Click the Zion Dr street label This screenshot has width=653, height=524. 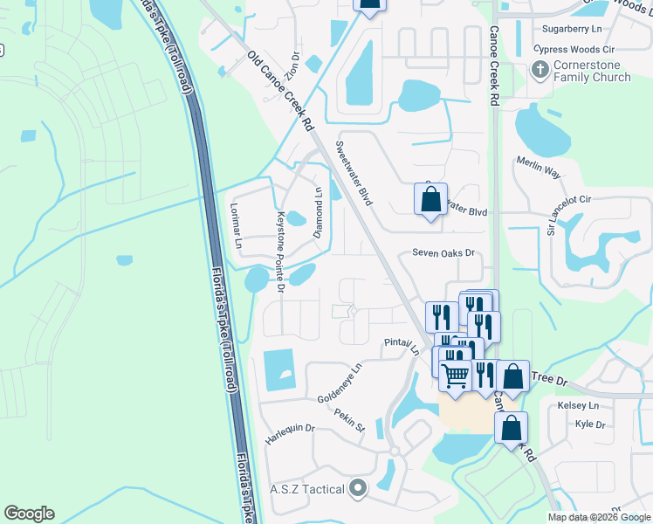pos(295,66)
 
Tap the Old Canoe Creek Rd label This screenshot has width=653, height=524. pos(281,93)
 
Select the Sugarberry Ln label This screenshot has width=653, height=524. pos(573,30)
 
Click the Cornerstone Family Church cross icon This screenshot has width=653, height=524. pos(540,68)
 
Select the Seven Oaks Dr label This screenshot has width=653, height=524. pos(443,253)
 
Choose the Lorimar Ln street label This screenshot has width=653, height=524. pos(234,226)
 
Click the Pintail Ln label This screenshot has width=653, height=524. pos(402,347)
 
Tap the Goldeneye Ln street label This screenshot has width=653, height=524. pos(340,383)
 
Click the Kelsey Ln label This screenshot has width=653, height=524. pos(579,406)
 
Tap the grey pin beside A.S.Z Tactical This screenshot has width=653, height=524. pos(356,488)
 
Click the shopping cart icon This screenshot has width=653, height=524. pos(455,376)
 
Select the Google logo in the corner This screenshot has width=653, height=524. pos(29,514)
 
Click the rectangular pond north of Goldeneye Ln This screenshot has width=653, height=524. pos(279,369)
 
